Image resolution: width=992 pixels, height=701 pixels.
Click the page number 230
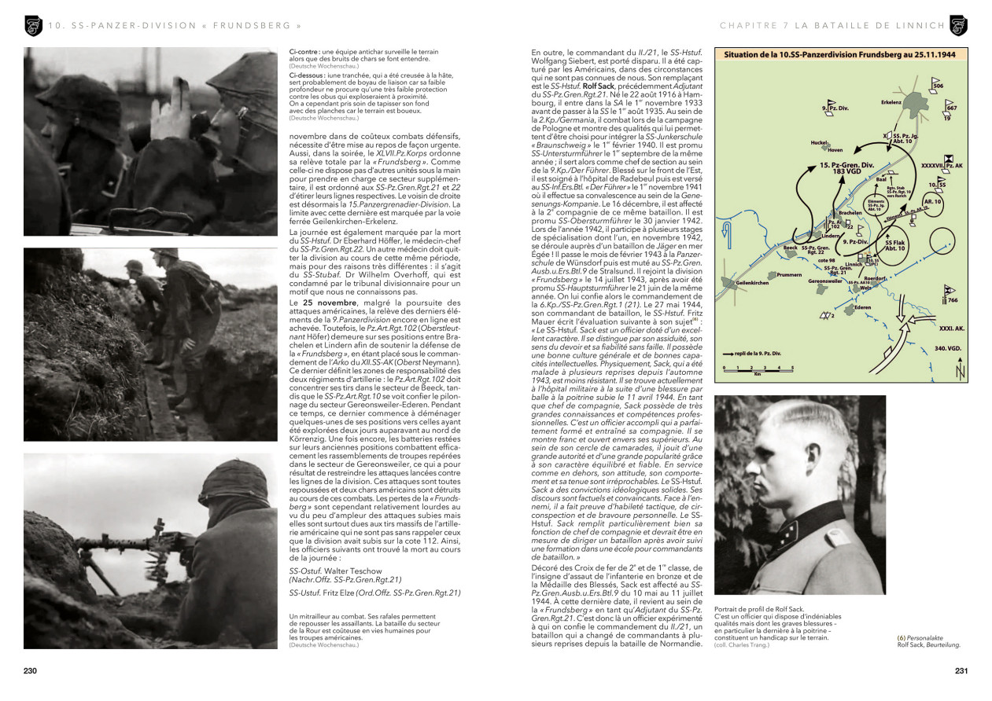31,670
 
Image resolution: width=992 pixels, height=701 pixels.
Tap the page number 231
961,670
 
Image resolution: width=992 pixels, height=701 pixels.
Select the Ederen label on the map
862,307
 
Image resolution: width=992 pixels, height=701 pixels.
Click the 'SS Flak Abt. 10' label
895,244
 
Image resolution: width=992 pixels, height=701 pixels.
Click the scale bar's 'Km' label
757,374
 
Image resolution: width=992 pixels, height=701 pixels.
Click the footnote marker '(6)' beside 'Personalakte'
902,637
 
